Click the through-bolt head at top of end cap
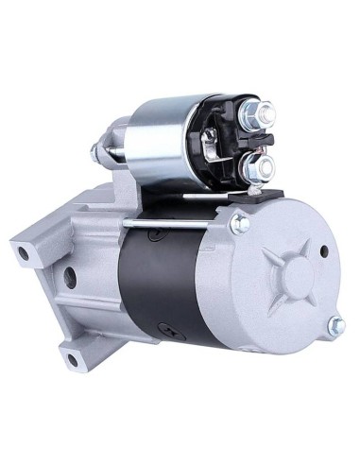coord(241,223)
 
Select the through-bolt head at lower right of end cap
coord(334,325)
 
